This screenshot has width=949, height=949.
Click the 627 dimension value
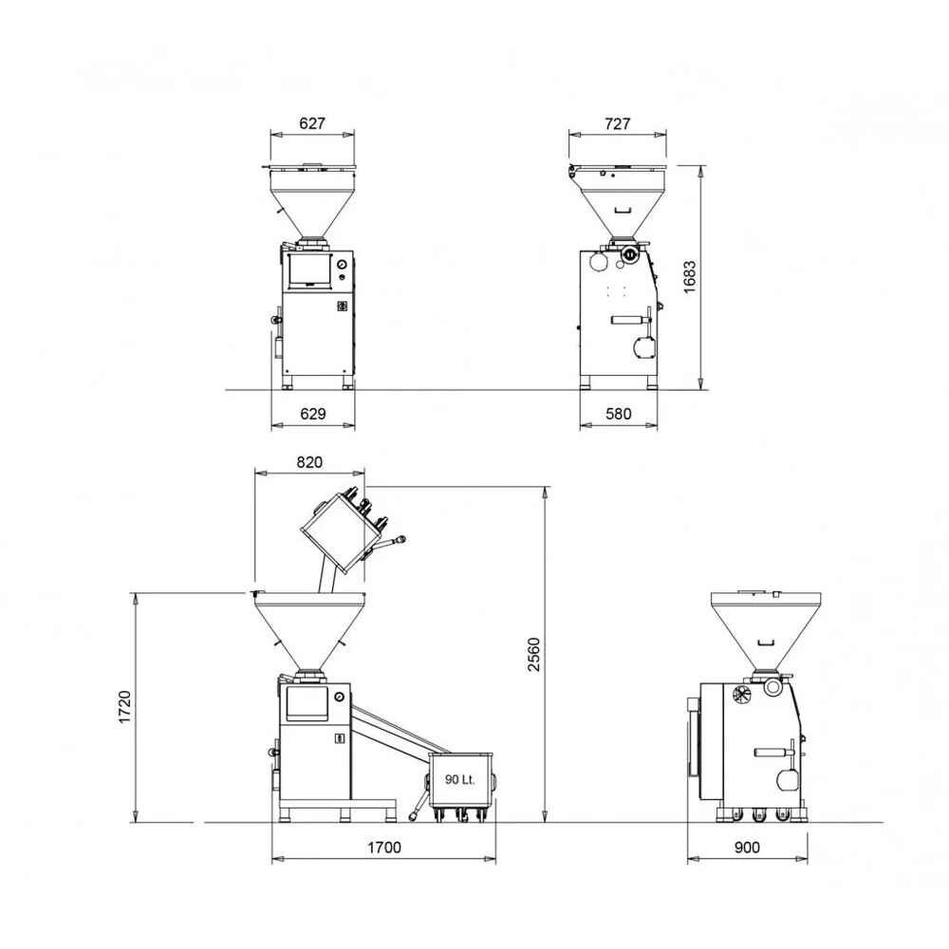pos(312,123)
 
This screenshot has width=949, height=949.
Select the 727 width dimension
pos(618,124)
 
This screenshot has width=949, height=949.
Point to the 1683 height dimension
pos(690,277)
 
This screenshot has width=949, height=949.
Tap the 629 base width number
pos(313,414)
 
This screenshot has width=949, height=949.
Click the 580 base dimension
pos(618,414)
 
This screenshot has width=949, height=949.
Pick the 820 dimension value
pos(309,462)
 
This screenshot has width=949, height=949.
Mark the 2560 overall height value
pos(533,654)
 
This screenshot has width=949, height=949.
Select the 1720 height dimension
pos(124,707)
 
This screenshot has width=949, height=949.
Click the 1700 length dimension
pos(384,847)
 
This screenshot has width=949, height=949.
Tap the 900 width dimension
pos(747,847)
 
